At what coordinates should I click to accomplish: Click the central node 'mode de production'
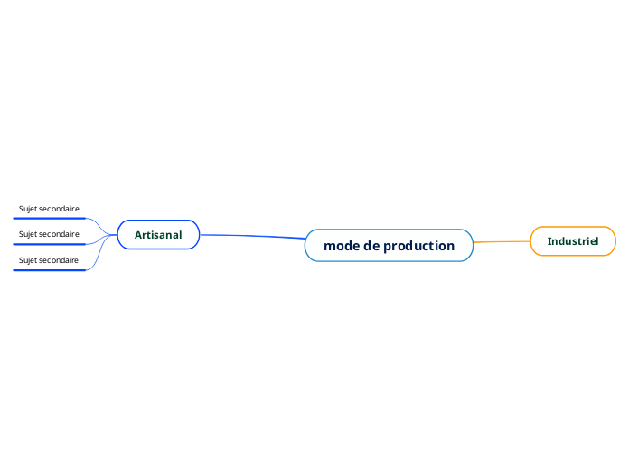389,246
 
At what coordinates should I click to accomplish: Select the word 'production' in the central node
418,246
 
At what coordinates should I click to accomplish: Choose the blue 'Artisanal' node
158,235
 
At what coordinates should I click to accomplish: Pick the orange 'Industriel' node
573,241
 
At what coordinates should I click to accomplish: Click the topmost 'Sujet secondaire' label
49,209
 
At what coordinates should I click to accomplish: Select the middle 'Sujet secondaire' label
49,234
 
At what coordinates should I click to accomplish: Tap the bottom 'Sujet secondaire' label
49,260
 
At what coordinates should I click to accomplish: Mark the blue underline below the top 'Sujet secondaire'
49,218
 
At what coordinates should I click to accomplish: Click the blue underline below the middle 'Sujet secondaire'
49,244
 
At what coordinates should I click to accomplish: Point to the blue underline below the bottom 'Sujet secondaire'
49,269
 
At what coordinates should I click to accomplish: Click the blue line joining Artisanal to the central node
253,236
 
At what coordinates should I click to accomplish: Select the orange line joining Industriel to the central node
502,242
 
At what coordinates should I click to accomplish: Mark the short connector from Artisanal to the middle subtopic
101,240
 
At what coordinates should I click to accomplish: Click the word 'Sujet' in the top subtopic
28,209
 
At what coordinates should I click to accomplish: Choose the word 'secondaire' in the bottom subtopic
60,260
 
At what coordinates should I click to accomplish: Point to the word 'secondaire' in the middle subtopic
60,234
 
